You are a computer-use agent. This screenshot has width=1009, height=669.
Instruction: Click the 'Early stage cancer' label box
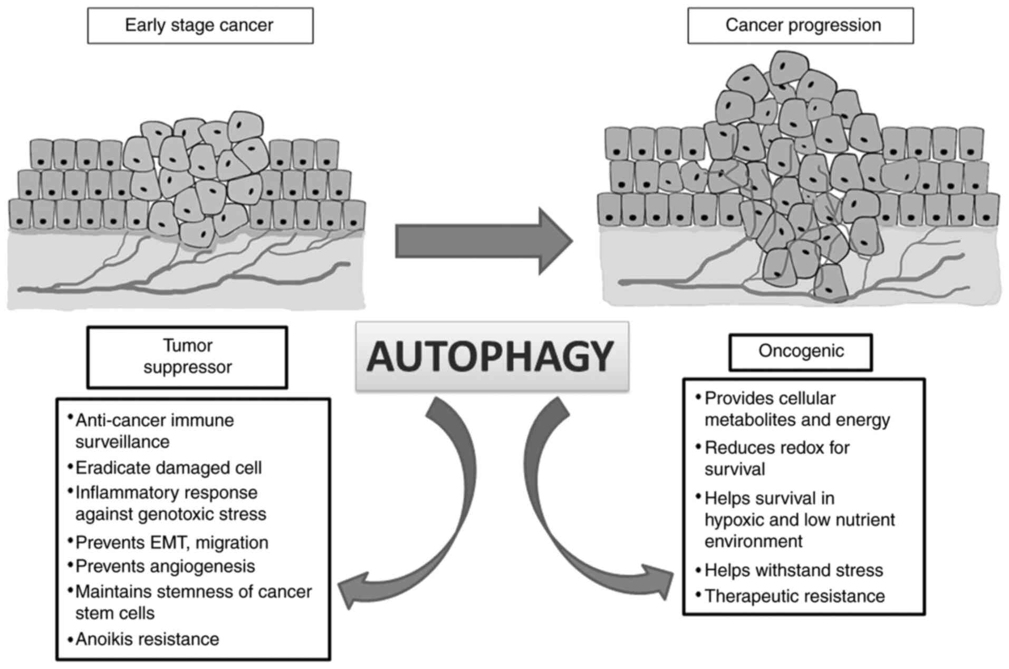(x=199, y=25)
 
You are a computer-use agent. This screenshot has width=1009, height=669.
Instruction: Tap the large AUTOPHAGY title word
(x=491, y=357)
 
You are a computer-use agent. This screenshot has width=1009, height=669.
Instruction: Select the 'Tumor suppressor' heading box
(x=187, y=357)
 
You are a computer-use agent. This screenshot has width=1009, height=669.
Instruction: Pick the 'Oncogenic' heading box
(x=800, y=351)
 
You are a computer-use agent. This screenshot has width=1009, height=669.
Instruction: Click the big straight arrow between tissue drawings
(x=483, y=241)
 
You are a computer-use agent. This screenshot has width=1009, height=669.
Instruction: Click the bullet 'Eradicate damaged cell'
(x=168, y=468)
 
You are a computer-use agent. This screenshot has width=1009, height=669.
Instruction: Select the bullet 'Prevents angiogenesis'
(x=165, y=566)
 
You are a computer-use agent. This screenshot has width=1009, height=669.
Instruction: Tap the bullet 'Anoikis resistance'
(x=147, y=639)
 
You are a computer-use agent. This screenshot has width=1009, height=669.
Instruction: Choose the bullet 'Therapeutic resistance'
(x=794, y=596)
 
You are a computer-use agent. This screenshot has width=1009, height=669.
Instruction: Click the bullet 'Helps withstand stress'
(x=793, y=570)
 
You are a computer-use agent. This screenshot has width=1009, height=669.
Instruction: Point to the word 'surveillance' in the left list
(x=122, y=442)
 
